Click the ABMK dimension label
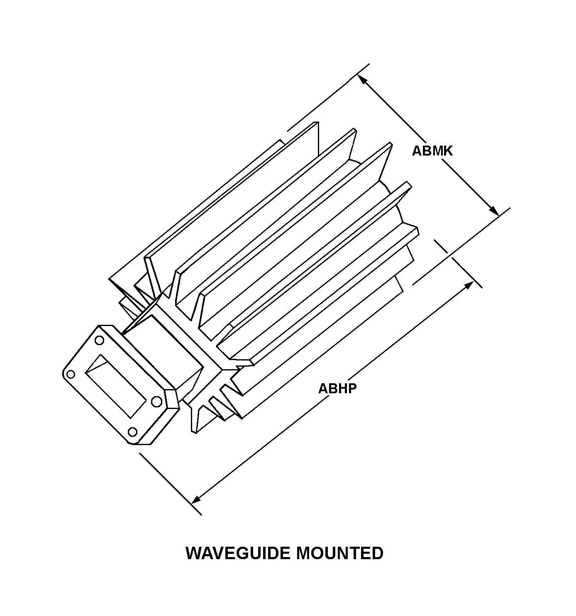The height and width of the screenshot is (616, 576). [x=432, y=151]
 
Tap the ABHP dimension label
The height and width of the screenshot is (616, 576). [x=337, y=389]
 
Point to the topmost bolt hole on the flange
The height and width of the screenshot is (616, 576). [x=100, y=341]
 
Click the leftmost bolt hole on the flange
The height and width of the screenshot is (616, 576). [x=71, y=374]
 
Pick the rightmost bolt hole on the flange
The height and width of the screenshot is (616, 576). [x=156, y=402]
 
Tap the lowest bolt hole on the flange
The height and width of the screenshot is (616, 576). [x=132, y=432]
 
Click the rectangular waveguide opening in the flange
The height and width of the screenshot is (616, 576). [x=116, y=386]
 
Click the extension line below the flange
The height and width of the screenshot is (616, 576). [x=170, y=484]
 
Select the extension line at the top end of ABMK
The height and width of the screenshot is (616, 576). [x=328, y=97]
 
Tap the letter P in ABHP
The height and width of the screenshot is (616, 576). [x=352, y=389]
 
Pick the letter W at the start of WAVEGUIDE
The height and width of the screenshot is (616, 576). [x=193, y=553]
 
